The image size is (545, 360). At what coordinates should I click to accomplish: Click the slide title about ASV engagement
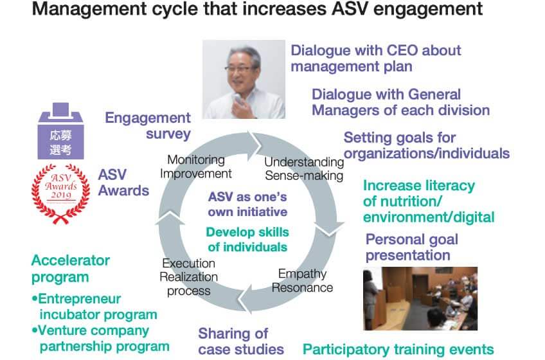(x=257, y=8)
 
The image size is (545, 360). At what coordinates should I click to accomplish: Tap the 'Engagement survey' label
(x=148, y=125)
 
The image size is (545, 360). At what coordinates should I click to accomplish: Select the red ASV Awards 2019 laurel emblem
(x=61, y=194)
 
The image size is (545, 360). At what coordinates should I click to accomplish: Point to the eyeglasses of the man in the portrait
(x=239, y=68)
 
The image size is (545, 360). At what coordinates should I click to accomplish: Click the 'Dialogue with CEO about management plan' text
(x=376, y=58)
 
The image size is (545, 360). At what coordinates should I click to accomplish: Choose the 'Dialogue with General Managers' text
(x=400, y=102)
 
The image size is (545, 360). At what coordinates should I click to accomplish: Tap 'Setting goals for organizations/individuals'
(x=427, y=145)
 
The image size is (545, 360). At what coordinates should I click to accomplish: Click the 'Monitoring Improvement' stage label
(x=195, y=166)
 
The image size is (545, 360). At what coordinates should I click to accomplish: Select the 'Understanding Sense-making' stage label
(x=304, y=168)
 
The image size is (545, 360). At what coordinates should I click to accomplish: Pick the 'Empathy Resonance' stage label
(x=302, y=281)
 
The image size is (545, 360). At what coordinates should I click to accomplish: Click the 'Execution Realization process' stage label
(x=188, y=277)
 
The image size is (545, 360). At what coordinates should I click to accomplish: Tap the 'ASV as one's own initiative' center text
(x=247, y=204)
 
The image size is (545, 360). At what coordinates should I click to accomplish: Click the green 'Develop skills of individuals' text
(x=247, y=239)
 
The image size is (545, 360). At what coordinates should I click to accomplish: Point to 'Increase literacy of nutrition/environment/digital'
(x=429, y=201)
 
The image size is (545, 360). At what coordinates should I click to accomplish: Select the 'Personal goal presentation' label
(x=411, y=247)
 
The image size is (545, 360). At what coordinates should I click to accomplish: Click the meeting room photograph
(x=420, y=298)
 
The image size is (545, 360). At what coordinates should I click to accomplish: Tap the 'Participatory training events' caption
(x=398, y=349)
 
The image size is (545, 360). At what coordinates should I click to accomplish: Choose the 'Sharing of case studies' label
(x=241, y=341)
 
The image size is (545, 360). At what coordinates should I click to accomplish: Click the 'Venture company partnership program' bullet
(x=101, y=338)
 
